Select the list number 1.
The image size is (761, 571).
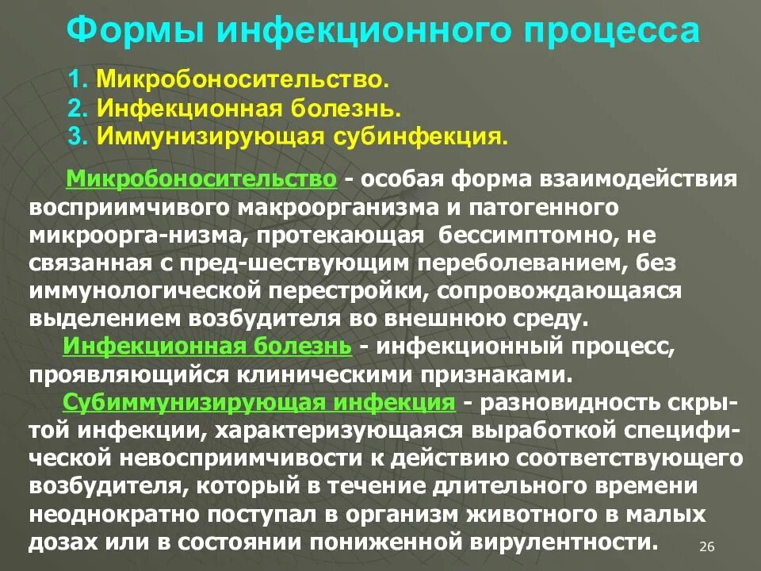pyautogui.click(x=77, y=80)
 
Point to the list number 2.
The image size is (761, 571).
pyautogui.click(x=77, y=107)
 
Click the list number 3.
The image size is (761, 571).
pyautogui.click(x=77, y=135)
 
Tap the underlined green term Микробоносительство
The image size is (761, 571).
pyautogui.click(x=203, y=178)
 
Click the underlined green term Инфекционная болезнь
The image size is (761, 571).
pyautogui.click(x=207, y=347)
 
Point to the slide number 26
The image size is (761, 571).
pyautogui.click(x=708, y=547)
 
